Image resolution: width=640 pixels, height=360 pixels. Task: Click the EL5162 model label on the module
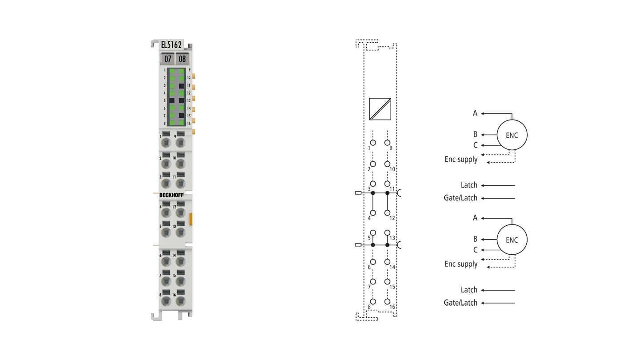tap(171, 45)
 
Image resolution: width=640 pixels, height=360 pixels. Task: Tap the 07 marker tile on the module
tap(168, 59)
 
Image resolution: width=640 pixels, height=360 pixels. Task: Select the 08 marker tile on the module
tap(182, 59)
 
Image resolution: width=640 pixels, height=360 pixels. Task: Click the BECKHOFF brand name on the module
tap(172, 195)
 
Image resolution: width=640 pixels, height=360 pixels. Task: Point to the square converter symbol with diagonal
tap(380, 109)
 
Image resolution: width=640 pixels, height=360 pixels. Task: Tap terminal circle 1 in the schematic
tap(373, 143)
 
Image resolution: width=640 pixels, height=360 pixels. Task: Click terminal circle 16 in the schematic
tap(388, 301)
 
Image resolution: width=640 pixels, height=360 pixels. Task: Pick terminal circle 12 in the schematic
tap(388, 213)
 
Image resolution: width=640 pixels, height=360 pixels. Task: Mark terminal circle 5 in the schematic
tap(373, 233)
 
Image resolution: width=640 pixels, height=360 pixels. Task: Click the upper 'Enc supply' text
tap(461, 160)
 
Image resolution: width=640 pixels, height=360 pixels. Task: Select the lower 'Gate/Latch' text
tap(460, 303)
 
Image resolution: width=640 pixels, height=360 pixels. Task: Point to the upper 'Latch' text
tap(469, 185)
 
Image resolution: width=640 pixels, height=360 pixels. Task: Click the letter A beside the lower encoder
tap(475, 218)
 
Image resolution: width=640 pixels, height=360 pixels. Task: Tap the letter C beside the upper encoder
tap(475, 145)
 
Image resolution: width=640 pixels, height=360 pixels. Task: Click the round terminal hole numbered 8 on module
tap(166, 301)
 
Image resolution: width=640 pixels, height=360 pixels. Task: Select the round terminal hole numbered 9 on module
tap(180, 143)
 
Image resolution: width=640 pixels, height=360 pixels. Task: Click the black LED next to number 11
tap(181, 86)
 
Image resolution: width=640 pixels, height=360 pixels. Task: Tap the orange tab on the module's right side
tap(191, 219)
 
